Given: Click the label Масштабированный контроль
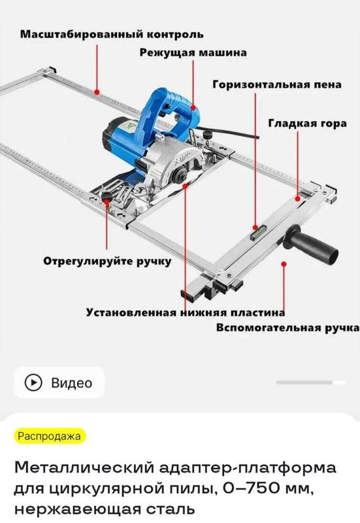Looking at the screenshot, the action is (x=112, y=35).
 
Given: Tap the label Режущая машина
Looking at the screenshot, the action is (x=193, y=53).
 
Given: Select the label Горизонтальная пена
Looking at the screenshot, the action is (x=277, y=84).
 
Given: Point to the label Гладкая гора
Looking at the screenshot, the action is (x=307, y=124).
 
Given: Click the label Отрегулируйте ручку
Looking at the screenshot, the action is (x=107, y=261).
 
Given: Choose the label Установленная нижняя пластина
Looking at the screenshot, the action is (x=186, y=312).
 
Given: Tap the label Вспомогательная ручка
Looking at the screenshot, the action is (x=287, y=328).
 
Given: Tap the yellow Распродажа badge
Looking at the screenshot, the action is (x=50, y=436).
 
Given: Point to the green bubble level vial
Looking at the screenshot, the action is (x=259, y=231).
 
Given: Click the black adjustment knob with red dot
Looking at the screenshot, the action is (x=106, y=197).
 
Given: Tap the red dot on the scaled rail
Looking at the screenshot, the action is (x=97, y=92).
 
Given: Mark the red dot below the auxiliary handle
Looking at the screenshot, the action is (x=284, y=264).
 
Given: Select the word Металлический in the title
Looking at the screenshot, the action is (x=84, y=467).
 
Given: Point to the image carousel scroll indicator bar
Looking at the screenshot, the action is (x=311, y=382).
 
